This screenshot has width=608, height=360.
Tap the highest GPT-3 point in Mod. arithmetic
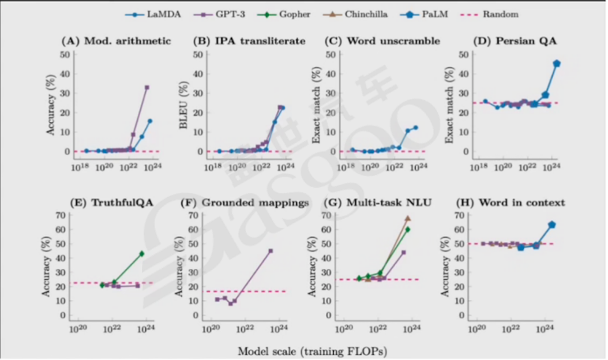pyautogui.click(x=147, y=87)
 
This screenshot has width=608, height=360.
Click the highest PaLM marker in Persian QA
pyautogui.click(x=557, y=63)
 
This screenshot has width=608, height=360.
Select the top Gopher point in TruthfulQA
pyautogui.click(x=141, y=253)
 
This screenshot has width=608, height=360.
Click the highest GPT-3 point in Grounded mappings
pyautogui.click(x=270, y=250)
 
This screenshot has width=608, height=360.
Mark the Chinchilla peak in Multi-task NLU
pyautogui.click(x=407, y=219)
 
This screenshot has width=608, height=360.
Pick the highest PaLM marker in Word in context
pyautogui.click(x=551, y=224)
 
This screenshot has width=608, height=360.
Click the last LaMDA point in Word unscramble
pyautogui.click(x=415, y=127)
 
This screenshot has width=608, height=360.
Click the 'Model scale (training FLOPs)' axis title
pyautogui.click(x=303, y=350)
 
